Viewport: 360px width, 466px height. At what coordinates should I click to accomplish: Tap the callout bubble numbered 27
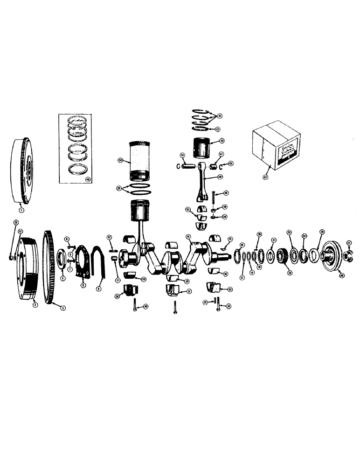pos(349,242)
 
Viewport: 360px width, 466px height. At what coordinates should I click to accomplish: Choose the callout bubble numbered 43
pos(222,140)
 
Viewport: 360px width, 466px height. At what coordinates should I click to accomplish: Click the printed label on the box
pos(287,151)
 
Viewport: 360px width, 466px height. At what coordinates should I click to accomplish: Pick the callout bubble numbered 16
pos(242,245)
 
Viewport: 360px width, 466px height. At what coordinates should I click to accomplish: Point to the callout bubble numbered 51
pos(187,210)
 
